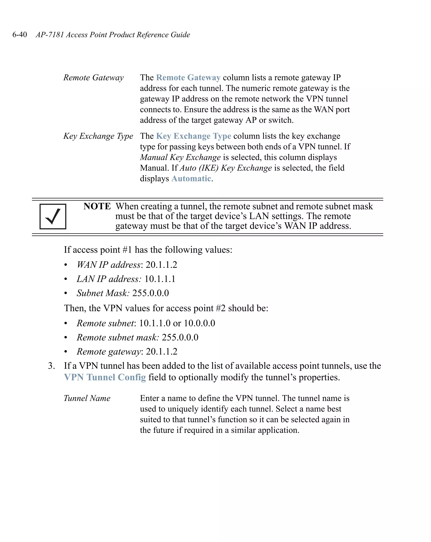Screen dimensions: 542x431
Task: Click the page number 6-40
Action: pos(20,35)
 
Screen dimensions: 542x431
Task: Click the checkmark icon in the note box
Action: pos(53,216)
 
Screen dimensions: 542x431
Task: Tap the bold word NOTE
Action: pos(97,206)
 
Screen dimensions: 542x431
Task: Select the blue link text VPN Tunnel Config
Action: pos(105,377)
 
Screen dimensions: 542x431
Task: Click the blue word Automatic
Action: pos(191,178)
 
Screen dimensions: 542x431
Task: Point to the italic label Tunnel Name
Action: pos(87,398)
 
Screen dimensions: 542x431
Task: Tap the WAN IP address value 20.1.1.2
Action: pos(161,265)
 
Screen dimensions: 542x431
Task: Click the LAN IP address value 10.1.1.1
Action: pos(160,279)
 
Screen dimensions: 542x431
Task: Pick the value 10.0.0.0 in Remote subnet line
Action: pos(199,323)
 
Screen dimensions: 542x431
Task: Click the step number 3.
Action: pos(51,366)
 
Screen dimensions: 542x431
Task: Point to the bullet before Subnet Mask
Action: pos(66,293)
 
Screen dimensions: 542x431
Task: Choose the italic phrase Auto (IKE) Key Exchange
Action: pos(226,168)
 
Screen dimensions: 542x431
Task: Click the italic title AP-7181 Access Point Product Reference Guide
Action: pos(113,35)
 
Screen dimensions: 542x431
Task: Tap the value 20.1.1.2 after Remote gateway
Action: pos(162,351)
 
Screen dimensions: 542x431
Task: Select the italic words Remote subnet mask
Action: pos(118,337)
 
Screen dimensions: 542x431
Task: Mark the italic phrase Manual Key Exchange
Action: pos(180,157)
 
